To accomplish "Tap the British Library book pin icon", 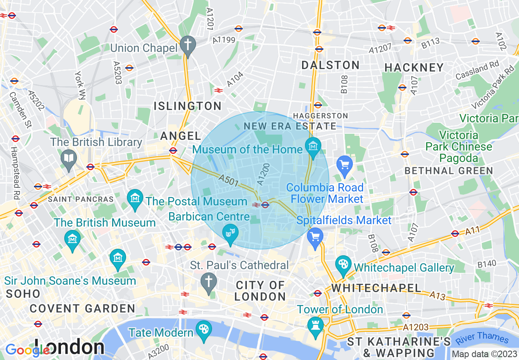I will point(68,158).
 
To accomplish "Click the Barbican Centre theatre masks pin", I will point(230,233).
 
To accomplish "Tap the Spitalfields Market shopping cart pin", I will point(315,237).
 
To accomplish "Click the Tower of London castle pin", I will point(315,326).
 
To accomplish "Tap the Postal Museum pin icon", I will point(135,198).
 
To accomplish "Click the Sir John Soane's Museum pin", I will point(118,258).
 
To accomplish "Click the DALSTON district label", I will point(330,65).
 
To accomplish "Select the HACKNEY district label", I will point(414,67).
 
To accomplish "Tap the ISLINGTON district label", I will point(187,106).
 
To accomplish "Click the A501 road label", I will point(228,181).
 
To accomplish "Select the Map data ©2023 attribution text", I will point(484,354).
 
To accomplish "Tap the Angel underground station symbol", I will point(173,150).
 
